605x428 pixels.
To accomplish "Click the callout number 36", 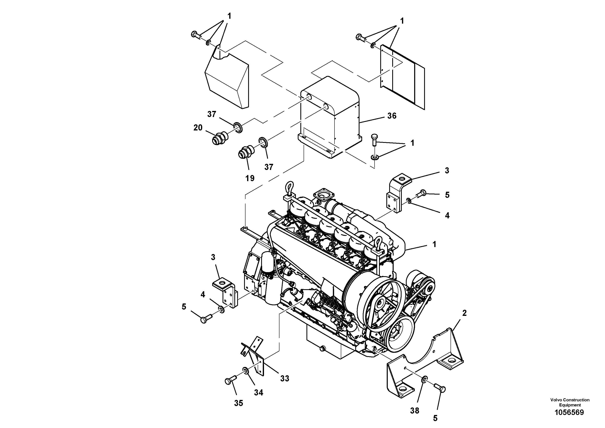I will (392, 116).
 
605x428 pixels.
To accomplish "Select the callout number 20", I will (198, 128).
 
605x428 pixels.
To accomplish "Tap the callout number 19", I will (250, 178).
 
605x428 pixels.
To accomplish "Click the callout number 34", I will (259, 393).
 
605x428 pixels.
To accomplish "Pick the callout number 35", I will (238, 403).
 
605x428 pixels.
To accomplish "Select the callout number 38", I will (415, 410).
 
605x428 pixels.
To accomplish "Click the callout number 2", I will (464, 313).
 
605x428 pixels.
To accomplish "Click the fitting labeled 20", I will (219, 138).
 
